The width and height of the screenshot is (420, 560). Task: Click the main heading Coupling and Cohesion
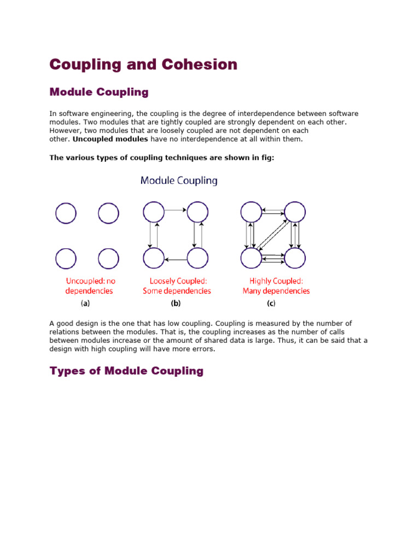[x=143, y=65]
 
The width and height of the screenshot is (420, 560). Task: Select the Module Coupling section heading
[x=99, y=92]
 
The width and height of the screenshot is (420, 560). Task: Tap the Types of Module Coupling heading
[x=126, y=371]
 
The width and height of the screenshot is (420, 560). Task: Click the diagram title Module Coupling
[x=179, y=180]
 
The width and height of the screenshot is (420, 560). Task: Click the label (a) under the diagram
[x=86, y=303]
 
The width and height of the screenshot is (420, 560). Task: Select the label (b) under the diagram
[x=176, y=303]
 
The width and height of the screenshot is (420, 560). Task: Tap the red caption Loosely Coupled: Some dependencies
[x=177, y=286]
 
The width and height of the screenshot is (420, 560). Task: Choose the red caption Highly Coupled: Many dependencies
[x=276, y=286]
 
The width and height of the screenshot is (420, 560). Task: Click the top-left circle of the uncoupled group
[x=66, y=213]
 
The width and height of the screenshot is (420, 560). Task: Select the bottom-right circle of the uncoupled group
[x=108, y=258]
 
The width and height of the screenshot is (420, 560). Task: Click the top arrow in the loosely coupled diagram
[x=176, y=209]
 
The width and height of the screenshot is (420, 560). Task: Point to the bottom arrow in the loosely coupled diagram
[x=176, y=259]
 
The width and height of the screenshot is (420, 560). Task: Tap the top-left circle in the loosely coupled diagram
[x=153, y=212]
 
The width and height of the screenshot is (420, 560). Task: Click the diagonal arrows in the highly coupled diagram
[x=273, y=235]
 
